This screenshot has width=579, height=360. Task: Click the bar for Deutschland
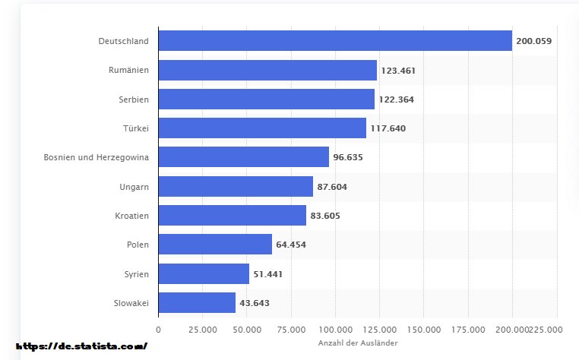click(x=334, y=40)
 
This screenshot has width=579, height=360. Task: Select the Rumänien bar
click(x=267, y=70)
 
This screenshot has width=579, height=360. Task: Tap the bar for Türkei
click(x=262, y=128)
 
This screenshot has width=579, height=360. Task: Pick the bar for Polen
click(x=215, y=244)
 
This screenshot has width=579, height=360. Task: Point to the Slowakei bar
click(x=197, y=302)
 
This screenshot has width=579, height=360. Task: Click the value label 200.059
click(x=533, y=41)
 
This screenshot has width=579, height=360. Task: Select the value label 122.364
click(x=396, y=99)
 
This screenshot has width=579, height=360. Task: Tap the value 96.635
click(x=350, y=157)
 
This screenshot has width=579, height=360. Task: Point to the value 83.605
click(x=325, y=216)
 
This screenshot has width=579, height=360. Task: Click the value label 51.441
click(x=267, y=273)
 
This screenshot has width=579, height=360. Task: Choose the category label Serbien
click(x=134, y=99)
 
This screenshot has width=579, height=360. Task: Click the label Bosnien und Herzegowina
click(x=96, y=157)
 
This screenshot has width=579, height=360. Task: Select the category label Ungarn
click(x=134, y=186)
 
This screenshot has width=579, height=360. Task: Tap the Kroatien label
click(x=131, y=216)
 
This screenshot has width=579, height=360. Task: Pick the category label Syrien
click(x=136, y=273)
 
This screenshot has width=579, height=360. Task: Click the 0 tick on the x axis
click(x=158, y=330)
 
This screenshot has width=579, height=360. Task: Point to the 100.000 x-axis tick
click(x=335, y=330)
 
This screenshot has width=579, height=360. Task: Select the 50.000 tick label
click(x=246, y=330)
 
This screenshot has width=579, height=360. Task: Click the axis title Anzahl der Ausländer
click(x=357, y=344)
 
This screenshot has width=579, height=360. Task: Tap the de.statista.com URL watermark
click(x=81, y=346)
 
